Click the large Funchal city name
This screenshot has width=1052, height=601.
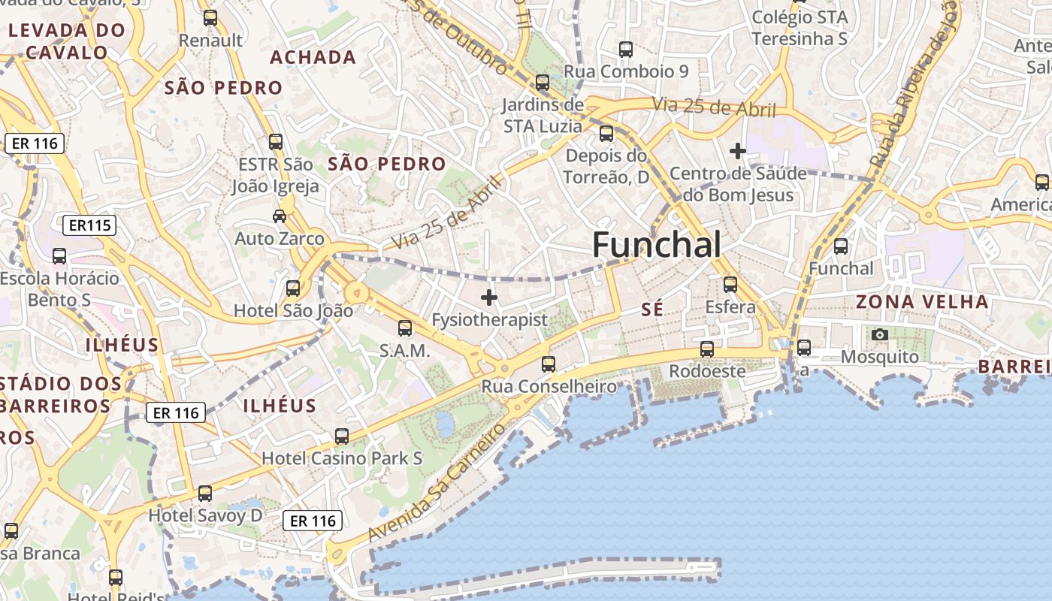[x=657, y=245]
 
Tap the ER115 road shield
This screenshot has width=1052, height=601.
[x=89, y=225]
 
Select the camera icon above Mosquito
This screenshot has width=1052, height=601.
[x=879, y=334]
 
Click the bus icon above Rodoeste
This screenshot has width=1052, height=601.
[x=706, y=349]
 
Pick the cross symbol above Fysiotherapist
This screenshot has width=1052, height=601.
[x=489, y=297]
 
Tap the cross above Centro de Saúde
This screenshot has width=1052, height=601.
[x=737, y=151]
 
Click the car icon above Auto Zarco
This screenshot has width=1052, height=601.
[x=280, y=216]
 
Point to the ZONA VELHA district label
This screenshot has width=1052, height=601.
[x=922, y=302]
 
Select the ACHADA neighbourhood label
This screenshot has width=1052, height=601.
[x=313, y=57]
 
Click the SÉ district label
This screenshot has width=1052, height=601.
[x=653, y=309]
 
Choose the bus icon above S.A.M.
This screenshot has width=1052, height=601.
[x=405, y=328]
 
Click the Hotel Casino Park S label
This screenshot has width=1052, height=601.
[x=341, y=458]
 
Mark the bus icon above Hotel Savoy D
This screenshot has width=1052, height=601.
[x=205, y=494]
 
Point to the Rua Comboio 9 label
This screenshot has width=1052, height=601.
[x=625, y=71]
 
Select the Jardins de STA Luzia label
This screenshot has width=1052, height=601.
[x=543, y=115]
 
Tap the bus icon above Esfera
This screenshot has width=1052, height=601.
[x=730, y=285]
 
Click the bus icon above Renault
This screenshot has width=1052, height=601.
[x=210, y=18]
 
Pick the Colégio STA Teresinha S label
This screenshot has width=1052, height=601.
[x=800, y=28]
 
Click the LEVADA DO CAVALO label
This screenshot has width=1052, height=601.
[x=66, y=41]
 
